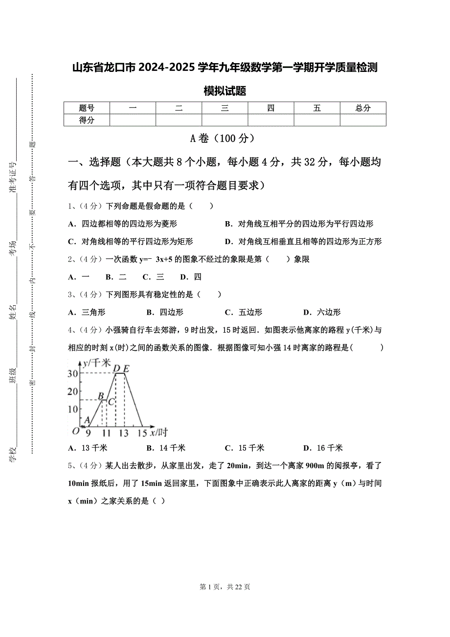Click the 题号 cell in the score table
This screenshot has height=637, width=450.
[x=87, y=108]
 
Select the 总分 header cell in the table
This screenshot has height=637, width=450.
[x=363, y=108]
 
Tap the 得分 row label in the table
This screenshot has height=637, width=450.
[x=87, y=120]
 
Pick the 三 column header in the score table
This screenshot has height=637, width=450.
[x=225, y=108]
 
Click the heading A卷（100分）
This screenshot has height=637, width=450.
[x=225, y=138]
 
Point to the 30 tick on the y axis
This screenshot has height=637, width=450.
[x=73, y=373]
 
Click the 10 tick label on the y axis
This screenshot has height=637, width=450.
[x=73, y=409]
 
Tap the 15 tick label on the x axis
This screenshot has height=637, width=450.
[x=142, y=433]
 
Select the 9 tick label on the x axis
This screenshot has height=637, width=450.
[x=88, y=433]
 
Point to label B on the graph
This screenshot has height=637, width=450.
[x=101, y=396]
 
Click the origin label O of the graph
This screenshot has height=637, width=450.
[x=75, y=431]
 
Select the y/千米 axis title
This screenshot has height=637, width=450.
[x=97, y=363]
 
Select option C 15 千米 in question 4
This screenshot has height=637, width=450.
[x=245, y=448]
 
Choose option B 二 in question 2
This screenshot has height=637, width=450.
[x=116, y=277]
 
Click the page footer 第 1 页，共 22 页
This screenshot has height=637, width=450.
[x=225, y=587]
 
